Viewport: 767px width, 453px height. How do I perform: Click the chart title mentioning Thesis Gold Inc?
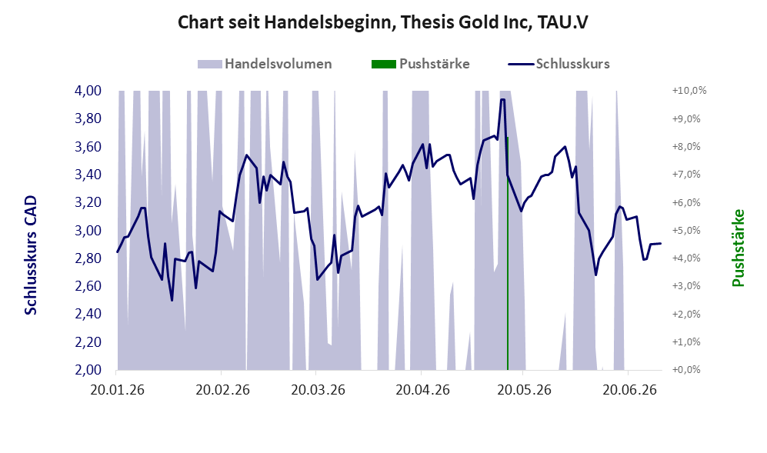pos(383,22)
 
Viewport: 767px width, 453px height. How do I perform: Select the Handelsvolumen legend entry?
pos(265,64)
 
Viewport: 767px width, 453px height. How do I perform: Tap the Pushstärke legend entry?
pos(421,64)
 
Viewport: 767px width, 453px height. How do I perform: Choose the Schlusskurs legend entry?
pos(559,64)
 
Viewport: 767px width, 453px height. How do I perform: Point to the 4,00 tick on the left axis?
pos(88,91)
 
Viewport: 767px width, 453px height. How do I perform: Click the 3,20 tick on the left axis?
pos(88,202)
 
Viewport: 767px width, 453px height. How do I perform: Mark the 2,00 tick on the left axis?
pos(88,370)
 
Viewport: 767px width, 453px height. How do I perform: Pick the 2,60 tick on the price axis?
pos(88,286)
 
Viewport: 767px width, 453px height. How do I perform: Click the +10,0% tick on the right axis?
pos(689,91)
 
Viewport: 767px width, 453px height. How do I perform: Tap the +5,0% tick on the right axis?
pos(686,231)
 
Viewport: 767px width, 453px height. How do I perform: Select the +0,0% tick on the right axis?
pos(686,370)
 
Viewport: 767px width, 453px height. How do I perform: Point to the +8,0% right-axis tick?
pos(686,147)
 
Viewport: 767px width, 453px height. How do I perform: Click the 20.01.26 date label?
pos(118,390)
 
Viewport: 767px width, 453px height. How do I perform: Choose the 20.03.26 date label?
pos(318,390)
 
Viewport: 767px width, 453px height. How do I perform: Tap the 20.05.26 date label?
pos(524,390)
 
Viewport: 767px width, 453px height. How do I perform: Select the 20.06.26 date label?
pos(629,390)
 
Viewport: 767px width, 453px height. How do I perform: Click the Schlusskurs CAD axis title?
pos(30,255)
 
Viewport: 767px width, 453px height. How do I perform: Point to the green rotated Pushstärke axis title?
pos(738,248)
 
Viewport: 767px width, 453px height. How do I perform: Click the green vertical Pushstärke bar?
pos(508,253)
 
